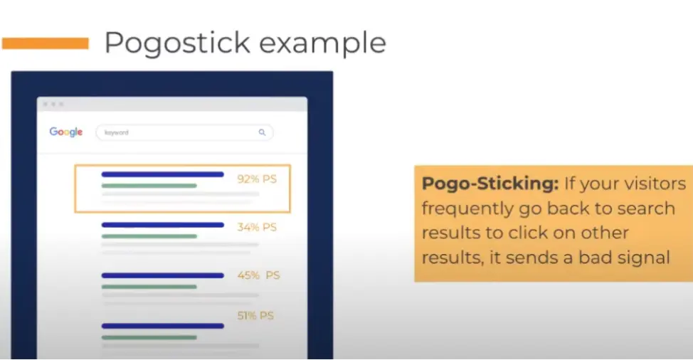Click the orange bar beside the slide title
45,43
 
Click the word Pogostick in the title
177,43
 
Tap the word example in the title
322,43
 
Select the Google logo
66,132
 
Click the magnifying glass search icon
262,132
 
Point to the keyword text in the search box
116,132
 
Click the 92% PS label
257,179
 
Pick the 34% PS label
257,227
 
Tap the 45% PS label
258,275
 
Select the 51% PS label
255,315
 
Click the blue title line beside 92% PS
163,174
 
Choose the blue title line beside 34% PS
163,225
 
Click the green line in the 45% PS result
149,287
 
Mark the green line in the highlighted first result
149,186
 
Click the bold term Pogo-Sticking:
490,184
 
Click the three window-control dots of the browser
53,105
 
